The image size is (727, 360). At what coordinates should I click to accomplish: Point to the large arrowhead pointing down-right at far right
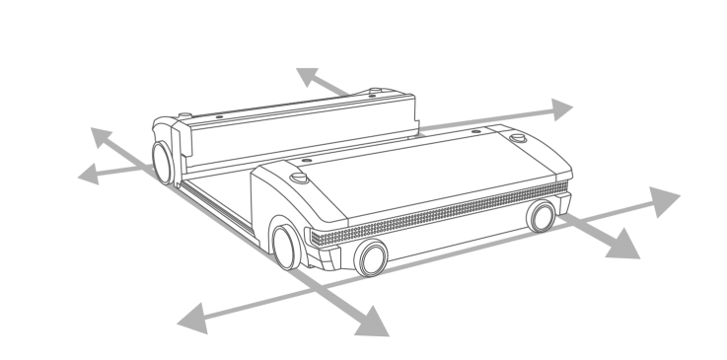623,245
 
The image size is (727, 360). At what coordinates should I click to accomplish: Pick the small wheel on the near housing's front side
371,258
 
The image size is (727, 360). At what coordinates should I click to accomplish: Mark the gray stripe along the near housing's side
434,221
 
